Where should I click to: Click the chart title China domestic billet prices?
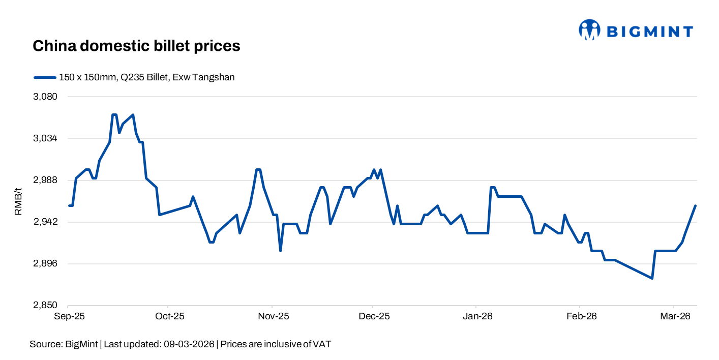136,46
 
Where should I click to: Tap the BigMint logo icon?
589,30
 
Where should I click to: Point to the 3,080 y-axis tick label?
46,97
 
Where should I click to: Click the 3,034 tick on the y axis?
46,138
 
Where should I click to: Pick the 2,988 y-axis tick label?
46,180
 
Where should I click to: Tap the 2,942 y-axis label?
46,222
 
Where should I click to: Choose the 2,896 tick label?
46,263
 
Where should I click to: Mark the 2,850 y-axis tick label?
46,305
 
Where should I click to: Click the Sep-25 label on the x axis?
69,316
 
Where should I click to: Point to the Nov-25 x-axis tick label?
273,316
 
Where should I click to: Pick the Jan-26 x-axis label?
476,316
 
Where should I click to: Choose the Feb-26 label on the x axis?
581,316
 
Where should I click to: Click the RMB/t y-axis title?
19,201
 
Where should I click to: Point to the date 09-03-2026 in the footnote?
189,344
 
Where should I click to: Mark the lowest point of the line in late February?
652,278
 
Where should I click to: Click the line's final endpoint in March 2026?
695,205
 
